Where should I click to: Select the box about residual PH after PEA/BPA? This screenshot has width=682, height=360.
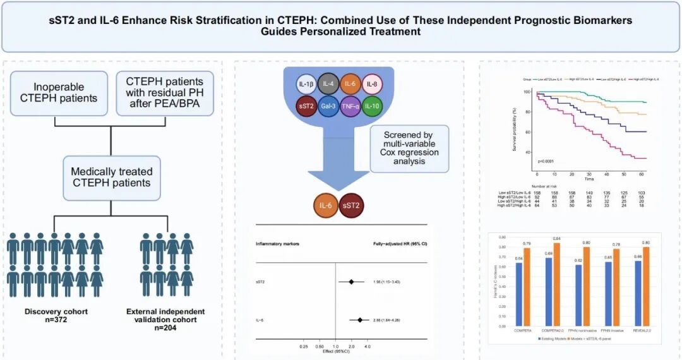[165, 93]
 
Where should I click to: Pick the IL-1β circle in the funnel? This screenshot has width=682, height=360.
[308, 85]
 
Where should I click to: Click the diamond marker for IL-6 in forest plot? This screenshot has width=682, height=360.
[360, 320]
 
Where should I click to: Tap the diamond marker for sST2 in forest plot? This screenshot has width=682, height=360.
[351, 281]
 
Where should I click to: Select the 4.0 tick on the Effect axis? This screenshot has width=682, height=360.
[368, 347]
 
